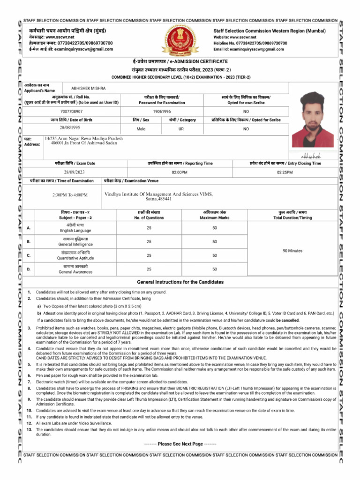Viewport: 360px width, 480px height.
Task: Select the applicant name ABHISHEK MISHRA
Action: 89,88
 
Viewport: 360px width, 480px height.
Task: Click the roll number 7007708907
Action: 72,112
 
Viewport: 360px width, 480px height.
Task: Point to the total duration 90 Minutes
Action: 292,251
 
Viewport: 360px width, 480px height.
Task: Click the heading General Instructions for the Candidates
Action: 180,282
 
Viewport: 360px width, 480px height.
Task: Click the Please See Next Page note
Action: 180,444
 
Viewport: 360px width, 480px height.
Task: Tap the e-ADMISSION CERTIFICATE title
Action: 180,61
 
